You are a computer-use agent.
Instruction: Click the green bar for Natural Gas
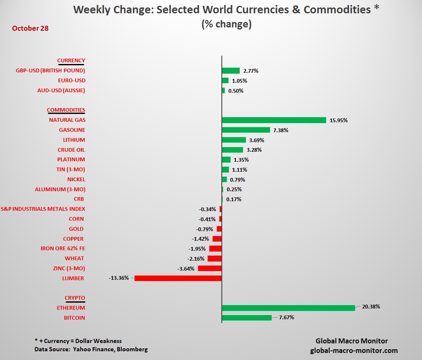pyautogui.click(x=274, y=120)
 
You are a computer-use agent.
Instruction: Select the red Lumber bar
pyautogui.click(x=178, y=278)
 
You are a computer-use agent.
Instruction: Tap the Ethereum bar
pyautogui.click(x=288, y=308)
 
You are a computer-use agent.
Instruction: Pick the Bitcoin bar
pyautogui.click(x=246, y=318)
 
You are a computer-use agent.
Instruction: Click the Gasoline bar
pyautogui.click(x=245, y=130)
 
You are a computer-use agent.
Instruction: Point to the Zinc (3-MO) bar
pyautogui.click(x=209, y=268)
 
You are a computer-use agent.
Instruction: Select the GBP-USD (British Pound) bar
pyautogui.click(x=231, y=71)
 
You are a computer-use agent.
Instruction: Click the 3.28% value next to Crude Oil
pyautogui.click(x=253, y=150)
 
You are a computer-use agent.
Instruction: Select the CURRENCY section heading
pyautogui.click(x=71, y=61)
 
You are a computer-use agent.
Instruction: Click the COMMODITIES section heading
pyautogui.click(x=66, y=110)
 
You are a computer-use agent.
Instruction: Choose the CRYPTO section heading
pyautogui.click(x=75, y=298)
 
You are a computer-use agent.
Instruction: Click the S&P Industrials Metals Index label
pyautogui.click(x=43, y=209)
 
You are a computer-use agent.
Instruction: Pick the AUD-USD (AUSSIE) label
pyautogui.click(x=61, y=91)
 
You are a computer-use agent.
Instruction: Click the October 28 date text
pyautogui.click(x=30, y=28)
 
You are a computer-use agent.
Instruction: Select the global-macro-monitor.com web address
pyautogui.click(x=354, y=350)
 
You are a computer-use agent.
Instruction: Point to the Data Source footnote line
pyautogui.click(x=91, y=349)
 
